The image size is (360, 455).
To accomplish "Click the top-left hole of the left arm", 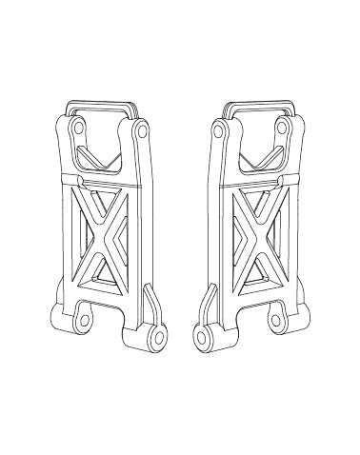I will pos(76,128).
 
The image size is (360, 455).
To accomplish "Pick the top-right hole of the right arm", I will pos(283,128).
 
